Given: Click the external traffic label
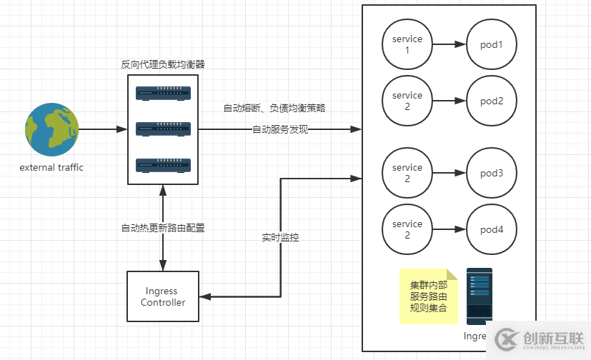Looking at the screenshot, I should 51,168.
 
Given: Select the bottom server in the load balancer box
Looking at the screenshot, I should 163,165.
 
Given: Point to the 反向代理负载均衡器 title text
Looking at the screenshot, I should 163,64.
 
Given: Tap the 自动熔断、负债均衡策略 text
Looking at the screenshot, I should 274,109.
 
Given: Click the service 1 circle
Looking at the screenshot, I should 407,44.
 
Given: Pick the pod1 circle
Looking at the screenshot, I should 492,44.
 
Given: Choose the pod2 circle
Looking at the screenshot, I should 492,101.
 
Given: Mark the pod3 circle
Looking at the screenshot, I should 492,173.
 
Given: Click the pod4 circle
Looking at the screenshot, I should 492,229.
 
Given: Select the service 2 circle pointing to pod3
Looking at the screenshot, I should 407,173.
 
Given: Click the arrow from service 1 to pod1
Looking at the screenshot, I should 449,44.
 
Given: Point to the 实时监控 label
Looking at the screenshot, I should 280,237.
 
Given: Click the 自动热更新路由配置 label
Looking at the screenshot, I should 163,229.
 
